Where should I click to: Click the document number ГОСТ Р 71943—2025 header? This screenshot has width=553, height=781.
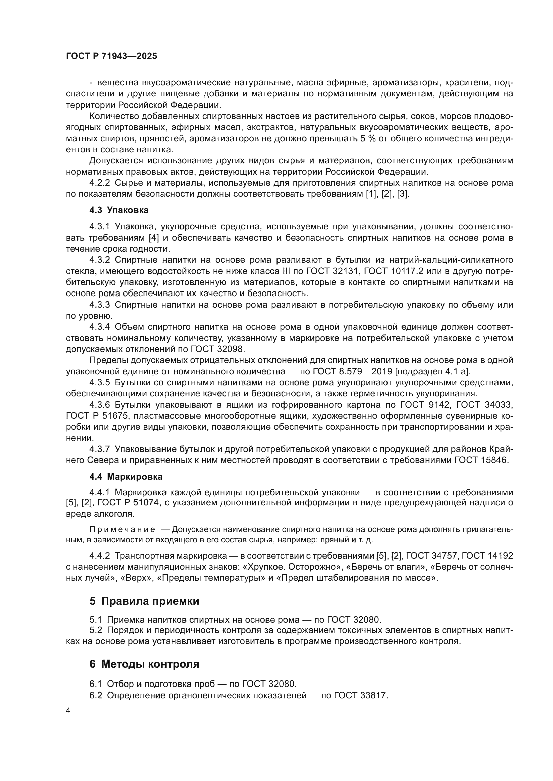(x=111, y=56)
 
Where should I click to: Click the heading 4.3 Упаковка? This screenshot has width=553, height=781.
(x=119, y=210)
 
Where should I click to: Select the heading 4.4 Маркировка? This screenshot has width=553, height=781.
(x=126, y=477)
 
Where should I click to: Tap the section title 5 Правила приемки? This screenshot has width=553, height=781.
(x=144, y=601)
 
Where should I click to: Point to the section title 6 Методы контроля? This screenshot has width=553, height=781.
(x=144, y=664)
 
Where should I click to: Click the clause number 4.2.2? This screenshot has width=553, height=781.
(x=99, y=183)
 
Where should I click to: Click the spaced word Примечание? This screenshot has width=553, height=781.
(x=122, y=529)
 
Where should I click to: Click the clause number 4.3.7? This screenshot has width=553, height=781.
(x=99, y=449)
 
